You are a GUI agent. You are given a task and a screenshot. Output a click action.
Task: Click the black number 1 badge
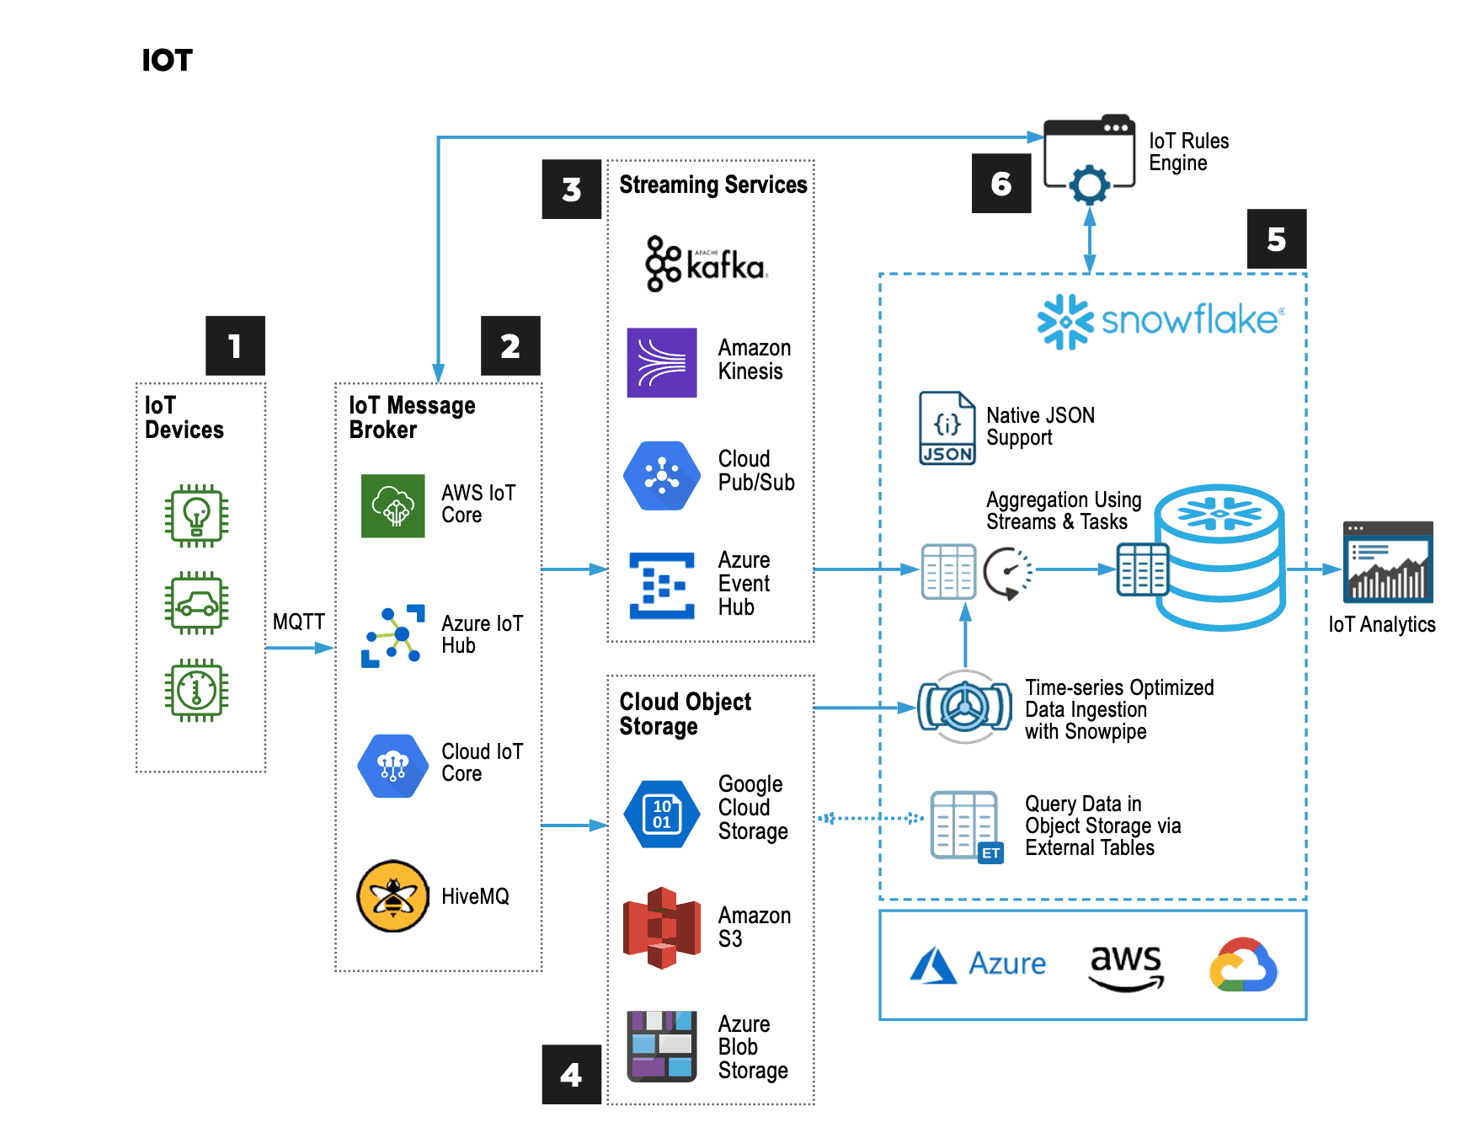click(235, 345)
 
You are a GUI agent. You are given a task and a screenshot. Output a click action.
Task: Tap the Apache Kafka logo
click(706, 264)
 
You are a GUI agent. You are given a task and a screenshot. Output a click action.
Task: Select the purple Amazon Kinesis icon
click(662, 362)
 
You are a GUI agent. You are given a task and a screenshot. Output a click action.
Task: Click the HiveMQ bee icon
click(392, 895)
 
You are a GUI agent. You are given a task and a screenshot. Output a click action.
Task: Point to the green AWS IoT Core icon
click(393, 505)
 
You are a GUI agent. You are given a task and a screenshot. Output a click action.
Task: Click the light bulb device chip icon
click(196, 516)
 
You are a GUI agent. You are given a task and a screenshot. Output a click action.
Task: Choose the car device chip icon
click(196, 603)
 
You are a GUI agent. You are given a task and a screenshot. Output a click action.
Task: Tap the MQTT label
click(298, 622)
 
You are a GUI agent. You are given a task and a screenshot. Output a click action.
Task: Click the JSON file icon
click(947, 428)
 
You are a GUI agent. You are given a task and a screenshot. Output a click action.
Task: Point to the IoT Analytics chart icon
click(1388, 563)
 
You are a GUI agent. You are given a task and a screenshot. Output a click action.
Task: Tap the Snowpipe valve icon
click(965, 707)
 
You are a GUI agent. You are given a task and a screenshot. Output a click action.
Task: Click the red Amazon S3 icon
click(662, 927)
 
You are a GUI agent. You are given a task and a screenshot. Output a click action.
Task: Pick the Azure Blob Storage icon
click(662, 1046)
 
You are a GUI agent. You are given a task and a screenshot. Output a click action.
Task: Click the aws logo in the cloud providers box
click(1126, 966)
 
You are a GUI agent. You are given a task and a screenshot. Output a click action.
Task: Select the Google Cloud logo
click(1243, 965)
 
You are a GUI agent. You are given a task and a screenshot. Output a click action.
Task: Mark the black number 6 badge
click(1001, 183)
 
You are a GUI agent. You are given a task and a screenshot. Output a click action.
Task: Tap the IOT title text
click(167, 61)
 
